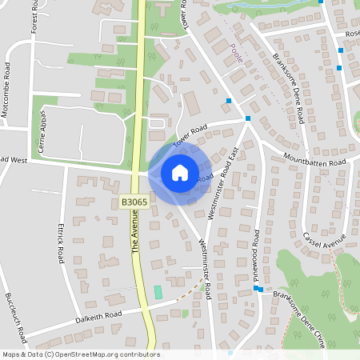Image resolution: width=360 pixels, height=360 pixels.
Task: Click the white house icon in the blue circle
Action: click(180, 173)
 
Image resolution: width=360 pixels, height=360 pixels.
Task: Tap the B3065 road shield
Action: click(134, 203)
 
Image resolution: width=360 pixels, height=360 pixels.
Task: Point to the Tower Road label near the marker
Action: click(190, 131)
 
